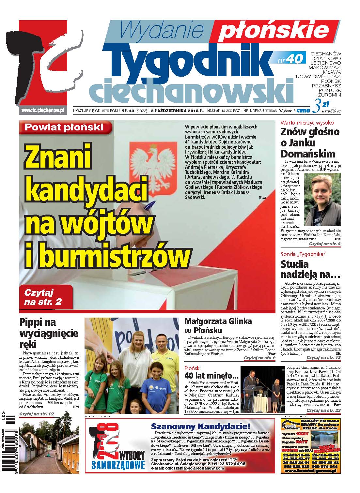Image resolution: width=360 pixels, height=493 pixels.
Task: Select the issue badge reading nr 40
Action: click(290, 59)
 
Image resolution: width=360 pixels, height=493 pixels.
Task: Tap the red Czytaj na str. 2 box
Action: click(45, 296)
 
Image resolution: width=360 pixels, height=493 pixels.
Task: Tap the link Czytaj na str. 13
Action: click(323, 358)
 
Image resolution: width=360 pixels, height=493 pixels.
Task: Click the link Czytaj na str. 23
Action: click(323, 410)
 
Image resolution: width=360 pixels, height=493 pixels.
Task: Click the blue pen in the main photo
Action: click(153, 206)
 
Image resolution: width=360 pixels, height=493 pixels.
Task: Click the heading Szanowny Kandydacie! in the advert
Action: click(201, 426)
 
